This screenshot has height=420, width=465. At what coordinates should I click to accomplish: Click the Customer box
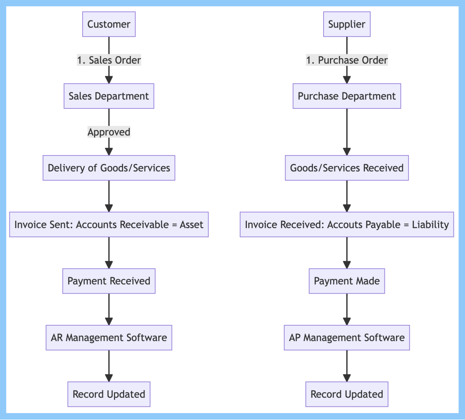click(x=109, y=24)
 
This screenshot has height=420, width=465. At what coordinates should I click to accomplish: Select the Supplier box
click(x=347, y=24)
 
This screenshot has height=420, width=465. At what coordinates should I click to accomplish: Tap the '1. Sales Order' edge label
click(x=109, y=60)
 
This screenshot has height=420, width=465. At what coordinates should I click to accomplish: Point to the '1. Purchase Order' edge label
click(x=347, y=60)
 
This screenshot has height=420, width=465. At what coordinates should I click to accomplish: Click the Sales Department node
click(x=109, y=96)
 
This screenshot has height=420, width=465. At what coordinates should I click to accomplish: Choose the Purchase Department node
click(x=347, y=96)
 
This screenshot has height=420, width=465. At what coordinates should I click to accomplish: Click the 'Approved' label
click(x=109, y=132)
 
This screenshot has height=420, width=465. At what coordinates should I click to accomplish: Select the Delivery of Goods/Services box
click(x=109, y=168)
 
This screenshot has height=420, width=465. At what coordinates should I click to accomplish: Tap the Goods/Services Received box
click(x=347, y=168)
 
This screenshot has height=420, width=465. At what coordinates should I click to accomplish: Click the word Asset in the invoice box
click(x=191, y=225)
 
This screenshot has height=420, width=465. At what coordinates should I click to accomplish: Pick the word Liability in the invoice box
click(x=430, y=225)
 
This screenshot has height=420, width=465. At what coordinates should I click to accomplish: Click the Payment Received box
click(x=109, y=281)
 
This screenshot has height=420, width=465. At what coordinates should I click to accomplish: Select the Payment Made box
click(x=347, y=281)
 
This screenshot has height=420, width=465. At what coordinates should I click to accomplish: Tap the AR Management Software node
click(x=109, y=337)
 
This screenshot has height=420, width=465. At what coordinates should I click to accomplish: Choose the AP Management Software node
click(x=347, y=337)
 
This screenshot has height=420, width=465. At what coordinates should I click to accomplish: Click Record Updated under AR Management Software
click(x=109, y=394)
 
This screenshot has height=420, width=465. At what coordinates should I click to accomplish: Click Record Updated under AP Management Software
click(x=347, y=394)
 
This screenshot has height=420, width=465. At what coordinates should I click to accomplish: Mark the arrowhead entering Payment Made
click(x=347, y=265)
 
